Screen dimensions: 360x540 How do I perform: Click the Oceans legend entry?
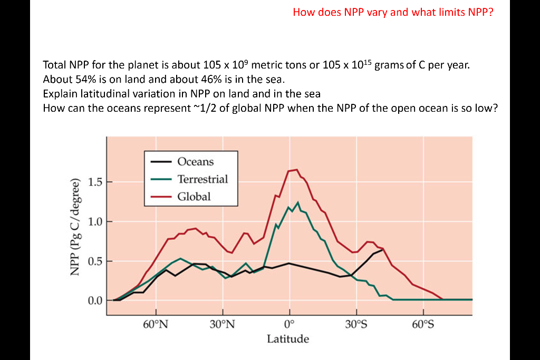point(195,162)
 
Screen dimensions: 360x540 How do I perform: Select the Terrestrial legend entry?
point(202,179)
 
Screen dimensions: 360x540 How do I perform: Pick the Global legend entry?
point(194,197)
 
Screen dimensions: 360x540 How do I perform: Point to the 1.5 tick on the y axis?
point(95,182)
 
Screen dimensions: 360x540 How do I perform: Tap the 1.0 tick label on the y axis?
point(95,222)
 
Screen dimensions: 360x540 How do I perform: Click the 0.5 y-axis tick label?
point(95,261)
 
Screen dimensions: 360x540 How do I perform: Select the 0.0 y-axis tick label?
point(95,300)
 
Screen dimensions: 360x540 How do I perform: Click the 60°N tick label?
point(156,324)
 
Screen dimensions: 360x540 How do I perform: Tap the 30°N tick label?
point(222,324)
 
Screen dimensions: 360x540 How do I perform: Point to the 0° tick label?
point(288,324)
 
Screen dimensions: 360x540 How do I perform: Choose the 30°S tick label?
point(356,324)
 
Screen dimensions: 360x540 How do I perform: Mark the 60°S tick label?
point(422,324)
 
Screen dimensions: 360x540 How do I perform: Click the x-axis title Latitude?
point(288,339)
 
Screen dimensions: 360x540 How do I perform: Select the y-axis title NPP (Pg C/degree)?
point(75,228)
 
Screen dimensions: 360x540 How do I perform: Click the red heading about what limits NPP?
point(393,12)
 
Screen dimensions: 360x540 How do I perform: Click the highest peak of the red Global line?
point(296,170)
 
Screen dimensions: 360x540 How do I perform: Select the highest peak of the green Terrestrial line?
point(298,202)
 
